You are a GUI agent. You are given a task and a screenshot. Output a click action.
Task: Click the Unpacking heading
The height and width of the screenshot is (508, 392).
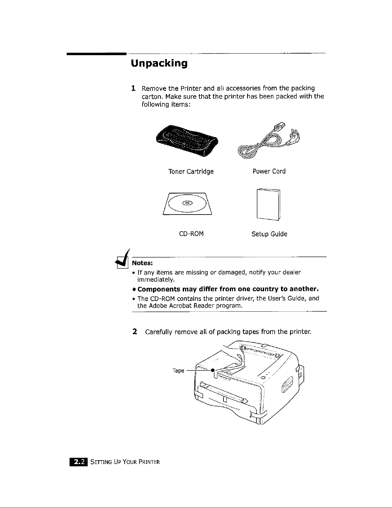pos(159,63)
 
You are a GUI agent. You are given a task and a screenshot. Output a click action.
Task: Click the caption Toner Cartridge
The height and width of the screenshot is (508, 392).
pos(191,171)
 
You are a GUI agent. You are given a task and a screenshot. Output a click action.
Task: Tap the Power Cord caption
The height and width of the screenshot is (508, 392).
pos(269,171)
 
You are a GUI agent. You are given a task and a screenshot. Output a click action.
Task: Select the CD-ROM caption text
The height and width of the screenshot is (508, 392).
pos(191,234)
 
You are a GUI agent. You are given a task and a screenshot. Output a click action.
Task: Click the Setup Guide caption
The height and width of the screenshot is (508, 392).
pos(269,234)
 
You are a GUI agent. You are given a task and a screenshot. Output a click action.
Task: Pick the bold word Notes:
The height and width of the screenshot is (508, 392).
pos(142,263)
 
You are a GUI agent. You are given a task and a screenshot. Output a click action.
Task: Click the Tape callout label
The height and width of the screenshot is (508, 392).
pos(178,371)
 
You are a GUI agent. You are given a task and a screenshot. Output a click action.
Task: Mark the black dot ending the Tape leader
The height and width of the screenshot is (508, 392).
pos(212,370)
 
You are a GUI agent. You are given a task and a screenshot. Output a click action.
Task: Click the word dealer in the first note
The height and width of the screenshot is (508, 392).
pos(291,273)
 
